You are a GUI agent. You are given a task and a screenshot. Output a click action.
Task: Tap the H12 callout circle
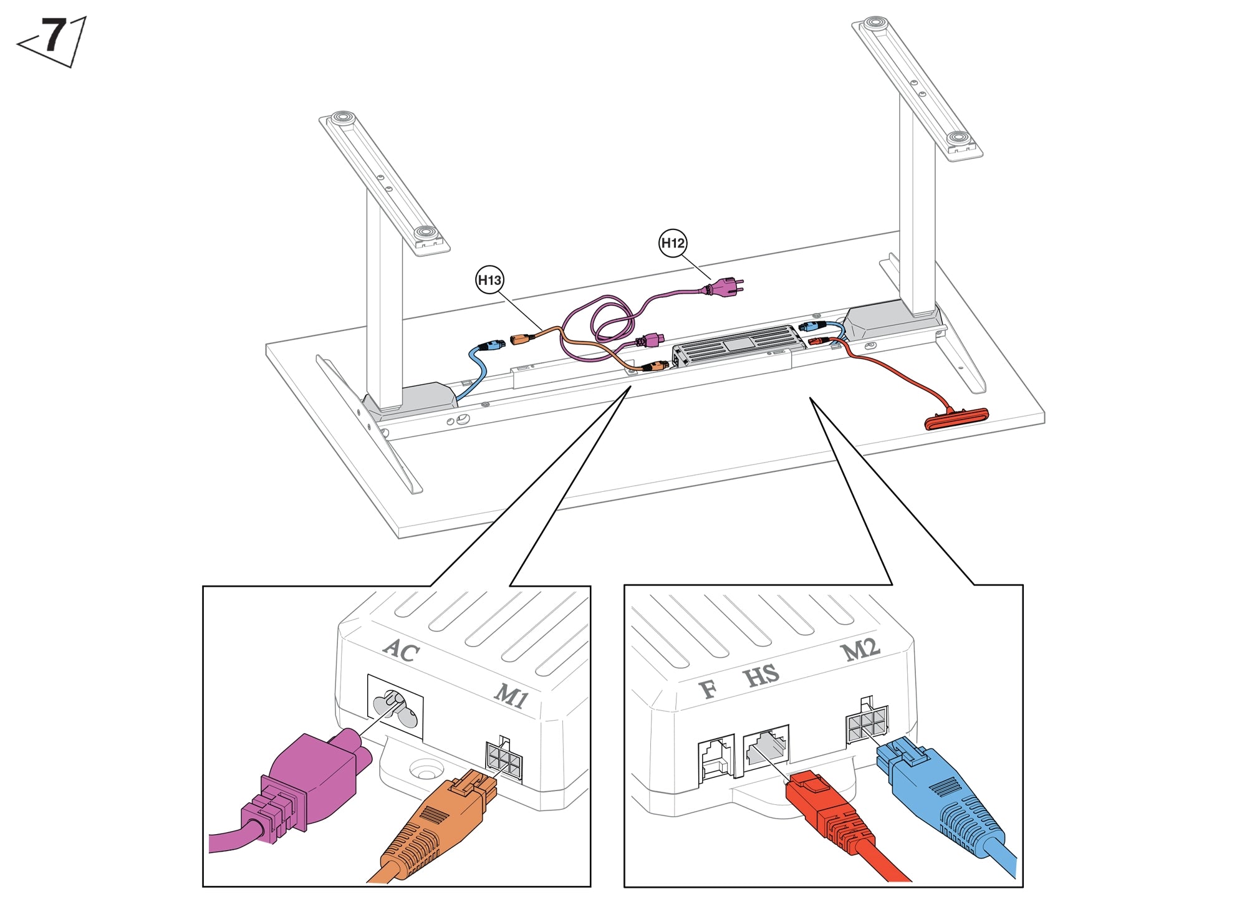coord(673,243)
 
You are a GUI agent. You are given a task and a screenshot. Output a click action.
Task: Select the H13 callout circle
coord(489,280)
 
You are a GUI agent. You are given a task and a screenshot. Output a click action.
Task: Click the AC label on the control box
coord(401,650)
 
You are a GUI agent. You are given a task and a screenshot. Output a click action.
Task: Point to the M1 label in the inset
coord(511,696)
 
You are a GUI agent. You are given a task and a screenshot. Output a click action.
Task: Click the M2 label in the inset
coord(860,650)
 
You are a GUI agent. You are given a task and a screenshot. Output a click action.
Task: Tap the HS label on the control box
coord(761,675)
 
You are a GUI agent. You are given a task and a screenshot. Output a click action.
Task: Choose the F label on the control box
coord(708,689)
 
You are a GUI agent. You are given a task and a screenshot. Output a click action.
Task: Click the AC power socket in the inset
coord(395,707)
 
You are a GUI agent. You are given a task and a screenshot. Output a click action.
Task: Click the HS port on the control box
coord(766,747)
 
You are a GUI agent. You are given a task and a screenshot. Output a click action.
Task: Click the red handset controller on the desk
coord(956,418)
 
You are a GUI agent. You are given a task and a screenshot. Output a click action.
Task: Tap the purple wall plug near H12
coord(723,287)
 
